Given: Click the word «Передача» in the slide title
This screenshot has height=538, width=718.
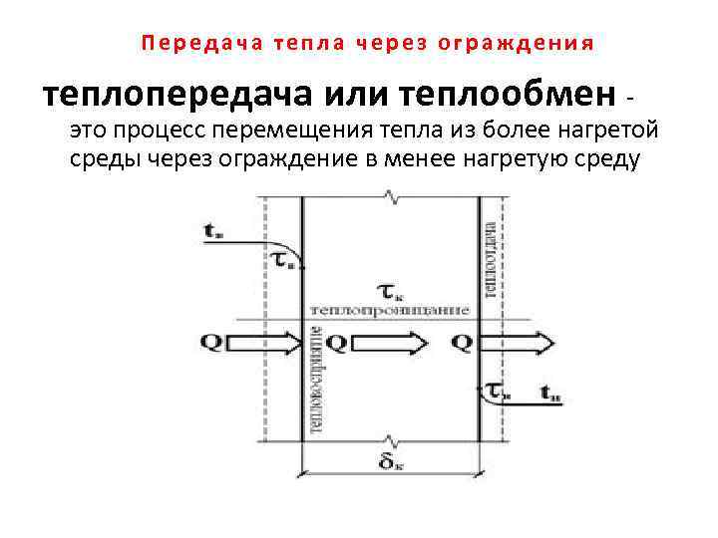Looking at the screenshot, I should point(185,44).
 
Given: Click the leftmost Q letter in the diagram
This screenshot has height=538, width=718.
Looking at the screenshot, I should point(211,343).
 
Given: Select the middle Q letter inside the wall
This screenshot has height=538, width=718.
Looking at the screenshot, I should point(336,343).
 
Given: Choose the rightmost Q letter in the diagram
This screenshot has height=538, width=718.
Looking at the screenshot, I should point(461,343).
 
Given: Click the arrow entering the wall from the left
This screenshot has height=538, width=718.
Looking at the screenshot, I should point(261,343).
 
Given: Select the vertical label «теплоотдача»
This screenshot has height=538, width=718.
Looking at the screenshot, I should point(491,257).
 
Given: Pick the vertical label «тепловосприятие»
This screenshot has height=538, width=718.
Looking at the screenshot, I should point(316,380).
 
